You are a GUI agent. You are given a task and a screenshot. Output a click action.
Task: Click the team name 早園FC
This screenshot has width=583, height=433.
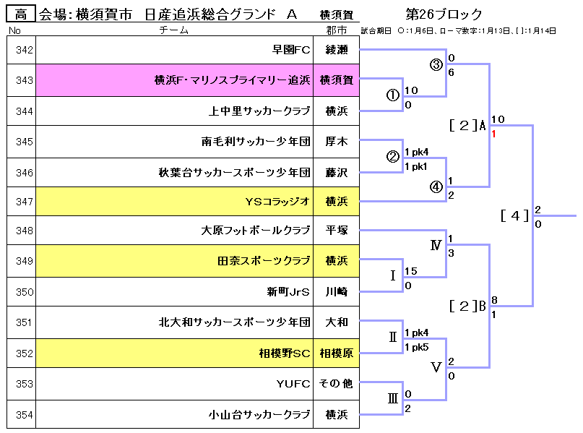tap(290, 50)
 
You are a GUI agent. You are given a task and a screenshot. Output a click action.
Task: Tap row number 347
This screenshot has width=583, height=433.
tap(25, 202)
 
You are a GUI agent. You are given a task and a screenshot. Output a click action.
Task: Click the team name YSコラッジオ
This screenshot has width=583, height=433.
tap(277, 202)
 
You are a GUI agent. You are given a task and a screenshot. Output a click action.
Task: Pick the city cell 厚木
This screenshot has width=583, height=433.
tap(336, 141)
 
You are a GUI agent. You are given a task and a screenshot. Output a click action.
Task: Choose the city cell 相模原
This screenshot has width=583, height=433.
tap(336, 353)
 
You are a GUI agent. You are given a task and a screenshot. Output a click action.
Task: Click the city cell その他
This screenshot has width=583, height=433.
tap(336, 383)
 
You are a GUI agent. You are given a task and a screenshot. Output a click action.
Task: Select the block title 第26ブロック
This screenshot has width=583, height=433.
tap(444, 14)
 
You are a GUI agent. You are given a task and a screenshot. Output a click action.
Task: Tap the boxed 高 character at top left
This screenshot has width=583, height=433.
tap(22, 14)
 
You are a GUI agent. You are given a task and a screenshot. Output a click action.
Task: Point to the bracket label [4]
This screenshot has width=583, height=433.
tap(514, 215)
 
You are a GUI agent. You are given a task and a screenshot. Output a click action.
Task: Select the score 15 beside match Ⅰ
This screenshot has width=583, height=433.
tap(411, 271)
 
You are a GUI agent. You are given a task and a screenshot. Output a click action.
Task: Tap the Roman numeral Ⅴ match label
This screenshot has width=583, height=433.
tap(436, 367)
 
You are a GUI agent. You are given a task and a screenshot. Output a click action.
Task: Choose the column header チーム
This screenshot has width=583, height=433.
tap(173, 30)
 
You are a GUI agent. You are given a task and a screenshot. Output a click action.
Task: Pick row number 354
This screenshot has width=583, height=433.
tap(25, 414)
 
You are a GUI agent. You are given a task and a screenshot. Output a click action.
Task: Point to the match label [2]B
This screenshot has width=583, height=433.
tap(467, 306)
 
